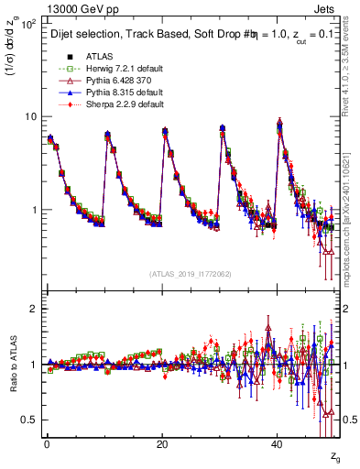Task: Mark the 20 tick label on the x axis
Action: (161, 444)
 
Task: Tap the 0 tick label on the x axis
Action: (46, 444)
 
